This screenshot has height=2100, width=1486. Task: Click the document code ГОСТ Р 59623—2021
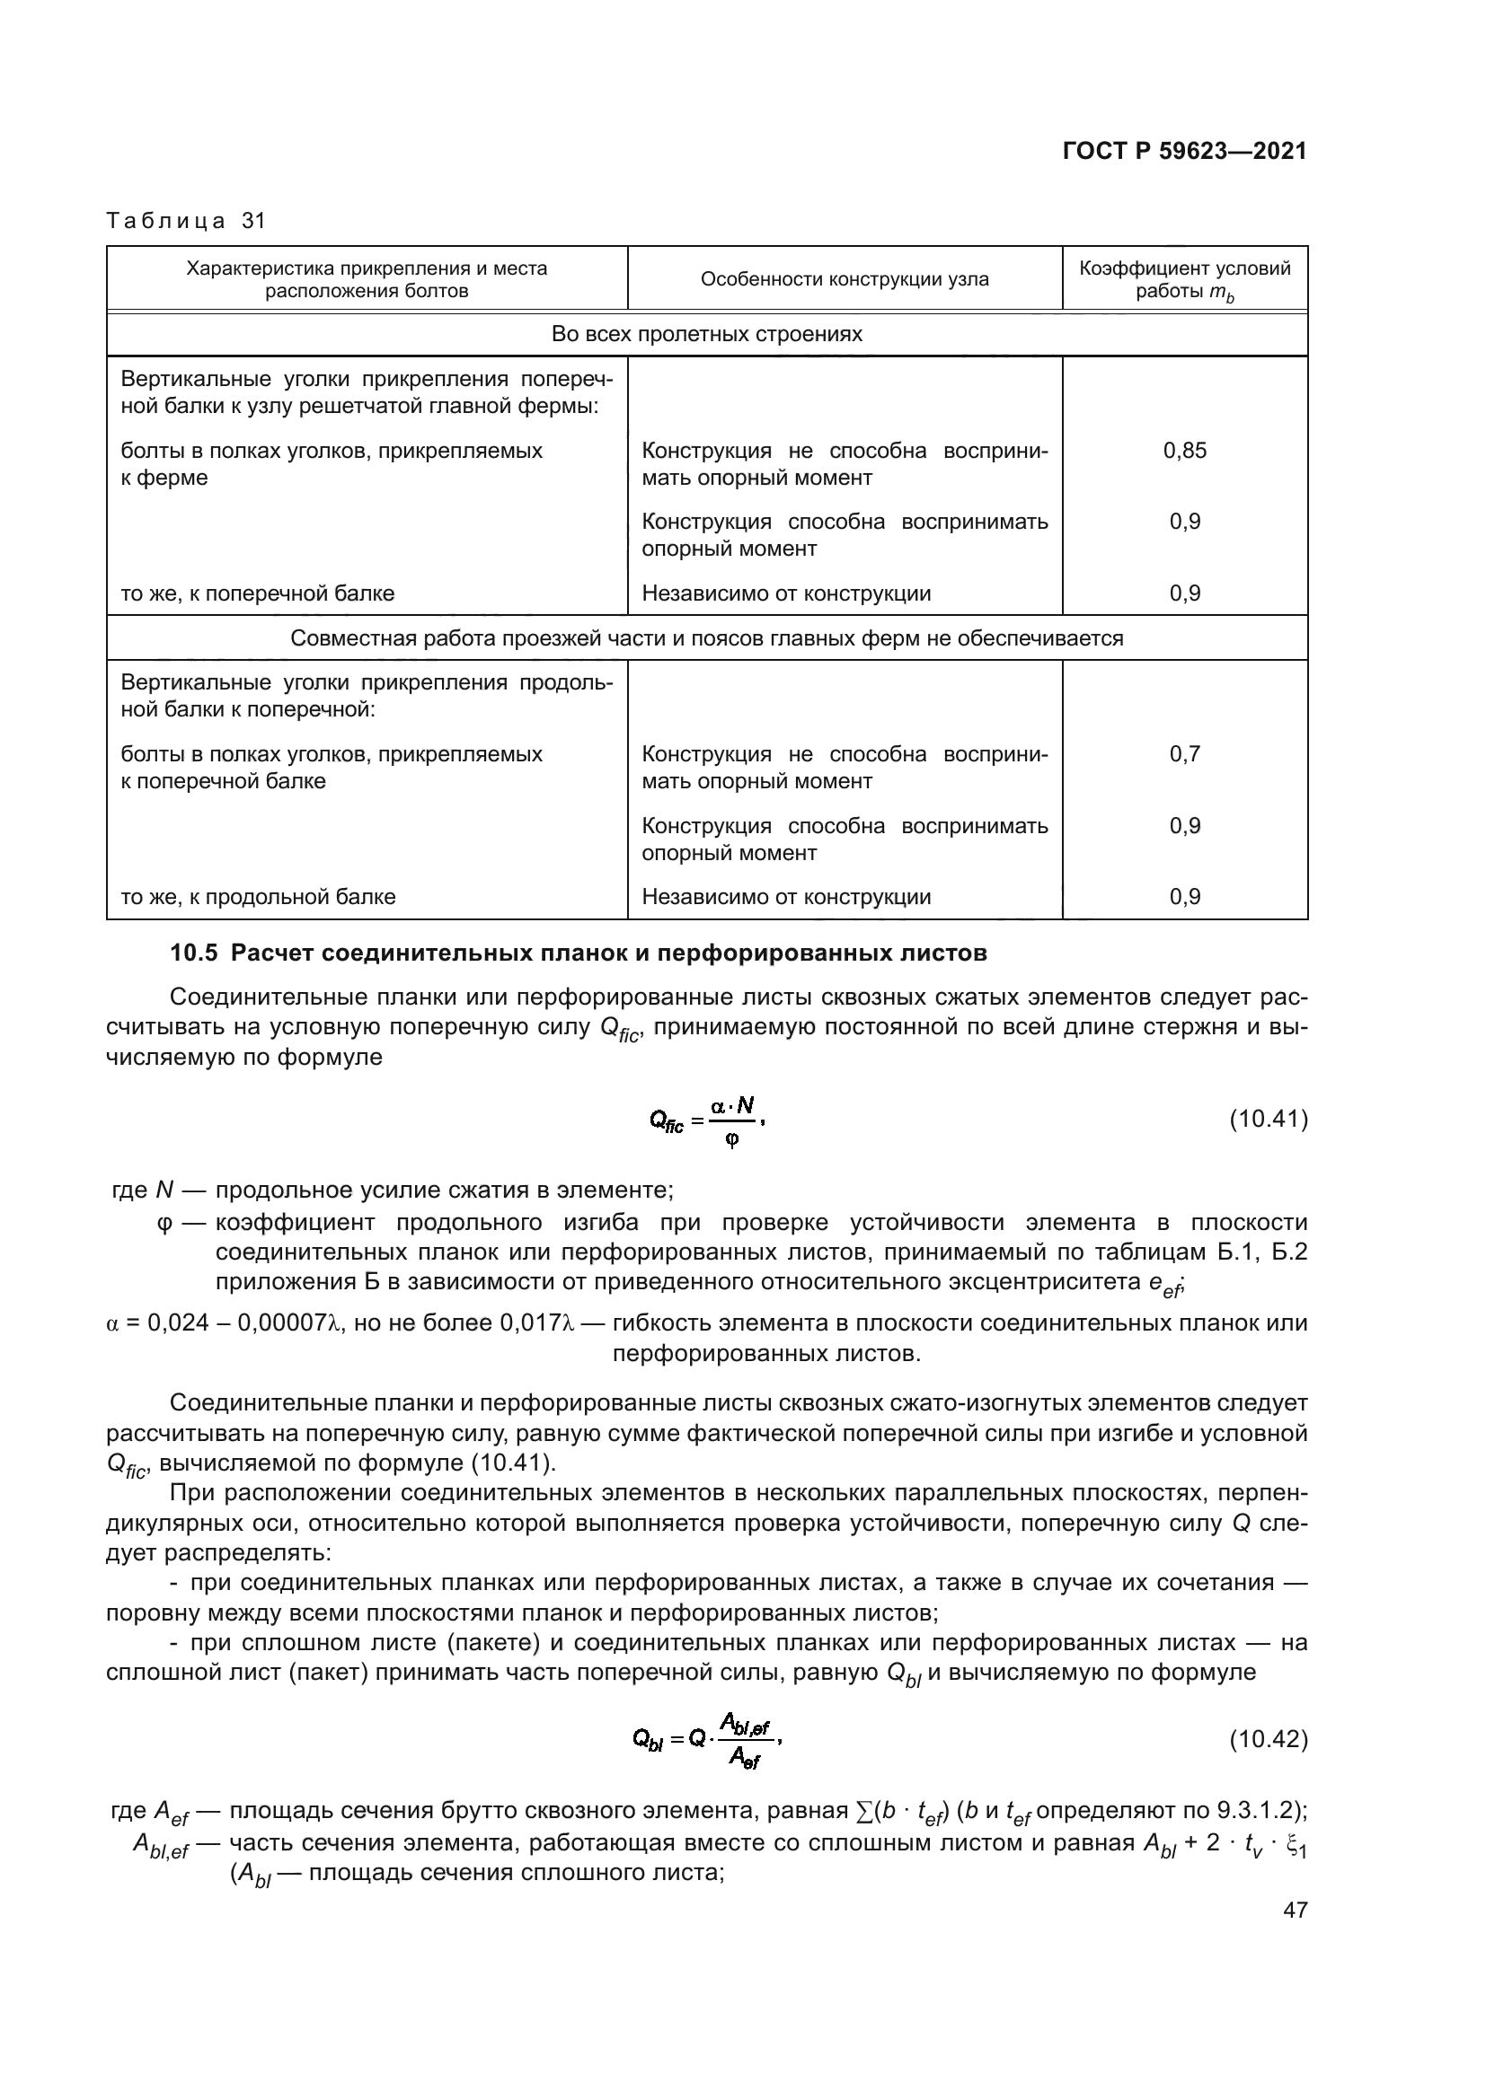(x=1184, y=151)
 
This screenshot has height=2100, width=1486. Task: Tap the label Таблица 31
(x=186, y=221)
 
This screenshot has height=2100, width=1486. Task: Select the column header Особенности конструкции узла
(x=844, y=279)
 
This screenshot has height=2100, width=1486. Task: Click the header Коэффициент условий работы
(x=1184, y=279)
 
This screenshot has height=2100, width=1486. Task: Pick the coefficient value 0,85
(x=1184, y=450)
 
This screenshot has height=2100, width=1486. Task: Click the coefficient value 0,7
(x=1184, y=753)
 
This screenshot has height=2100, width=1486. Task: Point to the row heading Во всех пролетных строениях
(x=706, y=334)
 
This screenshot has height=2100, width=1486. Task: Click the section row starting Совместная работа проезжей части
(x=706, y=637)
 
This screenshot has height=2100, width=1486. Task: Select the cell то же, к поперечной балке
(x=258, y=593)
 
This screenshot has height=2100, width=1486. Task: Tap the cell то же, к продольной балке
(x=258, y=896)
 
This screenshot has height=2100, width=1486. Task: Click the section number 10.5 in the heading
(x=194, y=953)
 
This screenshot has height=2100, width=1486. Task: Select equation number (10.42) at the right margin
(x=1268, y=1739)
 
